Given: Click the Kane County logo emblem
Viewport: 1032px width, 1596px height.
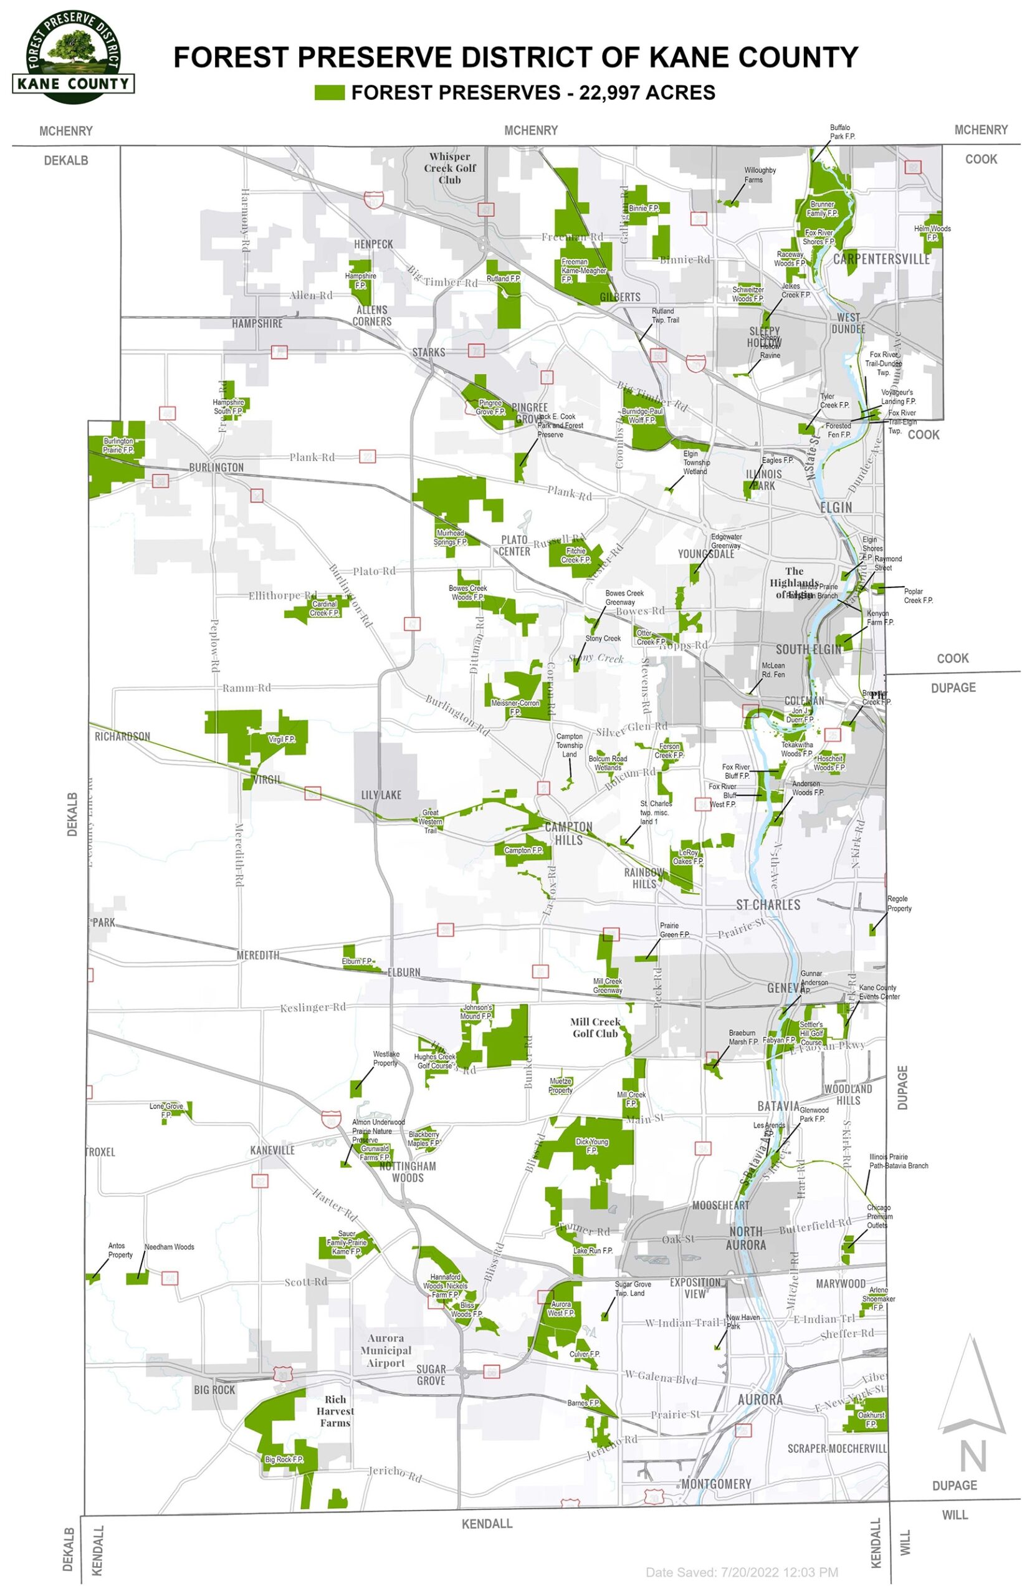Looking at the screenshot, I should pyautogui.click(x=73, y=57).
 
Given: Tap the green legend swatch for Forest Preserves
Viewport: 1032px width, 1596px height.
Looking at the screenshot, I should pyautogui.click(x=330, y=92).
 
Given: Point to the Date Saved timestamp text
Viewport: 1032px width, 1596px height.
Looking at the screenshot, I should pyautogui.click(x=741, y=1572).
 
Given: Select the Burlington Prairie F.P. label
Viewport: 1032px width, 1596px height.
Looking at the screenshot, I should pyautogui.click(x=118, y=446).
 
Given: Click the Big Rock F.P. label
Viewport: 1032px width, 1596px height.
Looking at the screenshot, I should pyautogui.click(x=284, y=1478).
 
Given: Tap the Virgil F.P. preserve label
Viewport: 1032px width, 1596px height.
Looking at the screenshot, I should pyautogui.click(x=282, y=739).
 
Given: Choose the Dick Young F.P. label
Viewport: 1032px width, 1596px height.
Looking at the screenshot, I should pyautogui.click(x=592, y=1145).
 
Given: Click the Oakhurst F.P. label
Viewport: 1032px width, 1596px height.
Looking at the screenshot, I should pyautogui.click(x=871, y=1418).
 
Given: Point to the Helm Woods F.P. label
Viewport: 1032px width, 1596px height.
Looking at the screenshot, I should pyautogui.click(x=932, y=233).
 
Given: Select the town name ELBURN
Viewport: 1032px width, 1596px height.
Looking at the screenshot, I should pyautogui.click(x=403, y=972).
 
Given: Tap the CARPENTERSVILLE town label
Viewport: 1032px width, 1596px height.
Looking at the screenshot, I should pyautogui.click(x=881, y=259).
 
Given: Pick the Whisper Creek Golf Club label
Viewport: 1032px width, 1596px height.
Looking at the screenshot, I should pyautogui.click(x=450, y=168).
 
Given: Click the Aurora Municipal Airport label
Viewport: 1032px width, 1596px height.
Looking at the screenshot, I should pyautogui.click(x=386, y=1350).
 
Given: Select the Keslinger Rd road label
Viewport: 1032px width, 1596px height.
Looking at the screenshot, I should pyautogui.click(x=312, y=1007).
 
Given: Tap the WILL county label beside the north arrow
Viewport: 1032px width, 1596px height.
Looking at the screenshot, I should pyautogui.click(x=954, y=1515).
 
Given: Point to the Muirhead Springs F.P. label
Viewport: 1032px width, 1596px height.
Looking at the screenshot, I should pyautogui.click(x=450, y=537).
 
